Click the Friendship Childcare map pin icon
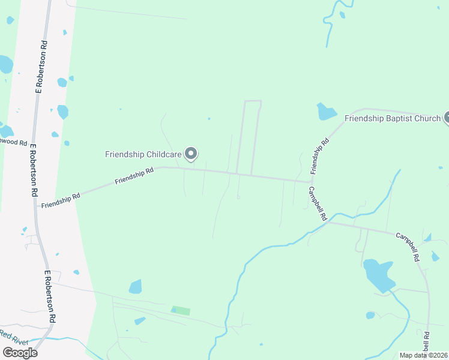191,154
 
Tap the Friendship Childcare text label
143,154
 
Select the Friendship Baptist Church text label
393,118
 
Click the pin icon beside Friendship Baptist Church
447,118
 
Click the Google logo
20,352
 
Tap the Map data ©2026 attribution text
423,355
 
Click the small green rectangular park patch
181,311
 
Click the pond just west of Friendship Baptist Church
326,111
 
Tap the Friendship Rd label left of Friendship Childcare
134,175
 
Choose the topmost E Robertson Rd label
41,67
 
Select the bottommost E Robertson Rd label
50,297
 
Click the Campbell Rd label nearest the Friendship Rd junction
318,203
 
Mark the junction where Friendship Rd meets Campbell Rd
311,181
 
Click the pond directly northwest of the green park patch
135,287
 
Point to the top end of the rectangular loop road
253,101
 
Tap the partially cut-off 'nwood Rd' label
14,143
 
